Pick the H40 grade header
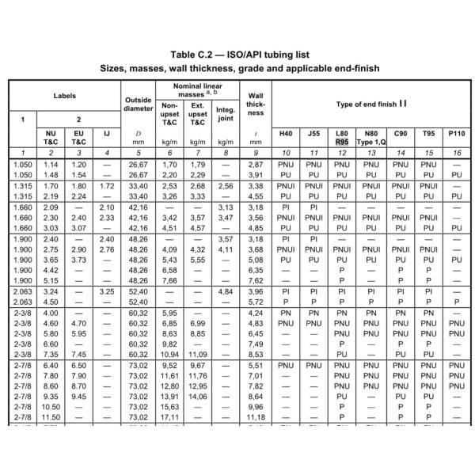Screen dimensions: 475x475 (x=287, y=133)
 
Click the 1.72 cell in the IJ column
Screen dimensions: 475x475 (x=108, y=187)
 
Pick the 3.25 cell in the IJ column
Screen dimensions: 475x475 (x=108, y=292)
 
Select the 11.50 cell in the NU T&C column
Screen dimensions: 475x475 (x=50, y=417)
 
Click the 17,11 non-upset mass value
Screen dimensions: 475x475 (x=169, y=417)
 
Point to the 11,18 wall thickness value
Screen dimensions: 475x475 (x=256, y=417)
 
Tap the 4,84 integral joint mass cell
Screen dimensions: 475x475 (x=226, y=292)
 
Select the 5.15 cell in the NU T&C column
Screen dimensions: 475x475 (x=50, y=280)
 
